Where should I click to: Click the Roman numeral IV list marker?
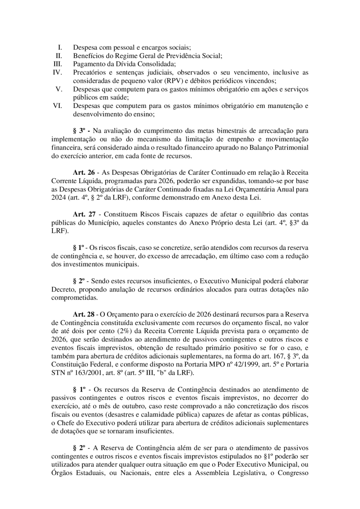(57, 72)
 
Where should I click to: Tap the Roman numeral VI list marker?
(57, 106)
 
